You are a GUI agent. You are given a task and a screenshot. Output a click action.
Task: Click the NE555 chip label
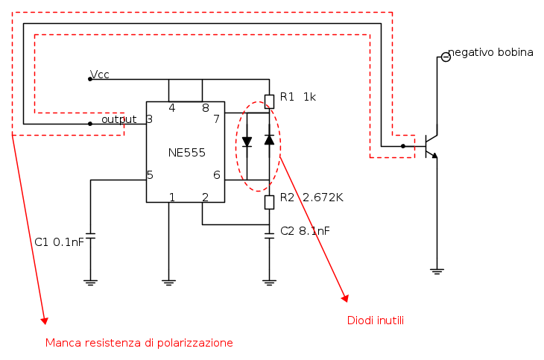[186, 153]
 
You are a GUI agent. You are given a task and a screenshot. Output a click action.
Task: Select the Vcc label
[101, 74]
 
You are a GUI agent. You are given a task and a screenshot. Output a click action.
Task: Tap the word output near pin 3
[118, 119]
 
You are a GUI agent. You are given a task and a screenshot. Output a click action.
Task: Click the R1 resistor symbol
[269, 101]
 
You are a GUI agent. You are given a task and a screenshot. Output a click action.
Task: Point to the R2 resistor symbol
[269, 200]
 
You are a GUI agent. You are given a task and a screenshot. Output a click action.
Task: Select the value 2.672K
[323, 198]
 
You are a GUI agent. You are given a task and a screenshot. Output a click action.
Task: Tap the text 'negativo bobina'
[491, 52]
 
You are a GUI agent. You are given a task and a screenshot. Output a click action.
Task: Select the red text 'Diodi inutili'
[375, 320]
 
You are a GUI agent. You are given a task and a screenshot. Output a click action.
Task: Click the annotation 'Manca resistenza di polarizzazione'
[139, 343]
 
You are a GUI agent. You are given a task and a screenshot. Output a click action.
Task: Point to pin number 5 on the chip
[150, 175]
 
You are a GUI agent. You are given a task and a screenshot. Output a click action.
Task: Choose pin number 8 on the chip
[205, 108]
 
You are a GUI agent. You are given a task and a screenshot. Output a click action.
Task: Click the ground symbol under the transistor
[437, 271]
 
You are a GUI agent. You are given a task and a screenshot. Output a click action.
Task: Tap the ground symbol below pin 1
[169, 281]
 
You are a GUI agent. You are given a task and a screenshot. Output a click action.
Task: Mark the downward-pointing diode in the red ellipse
[247, 140]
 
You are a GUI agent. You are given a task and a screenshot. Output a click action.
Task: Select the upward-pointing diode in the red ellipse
[269, 139]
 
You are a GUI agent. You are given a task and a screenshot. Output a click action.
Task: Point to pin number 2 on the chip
[205, 198]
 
